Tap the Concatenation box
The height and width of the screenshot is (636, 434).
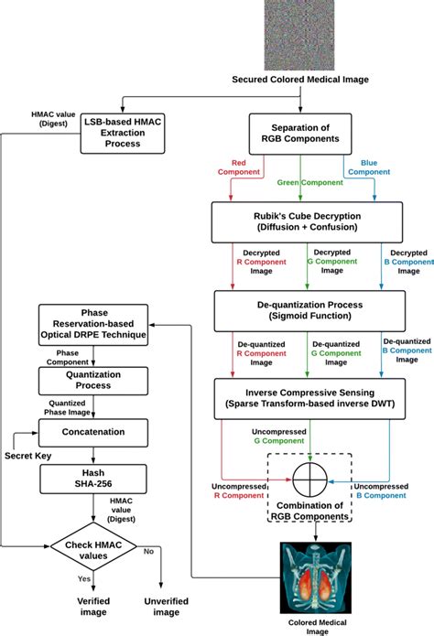(93, 429)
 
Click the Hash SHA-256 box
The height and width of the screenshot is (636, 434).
(93, 478)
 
